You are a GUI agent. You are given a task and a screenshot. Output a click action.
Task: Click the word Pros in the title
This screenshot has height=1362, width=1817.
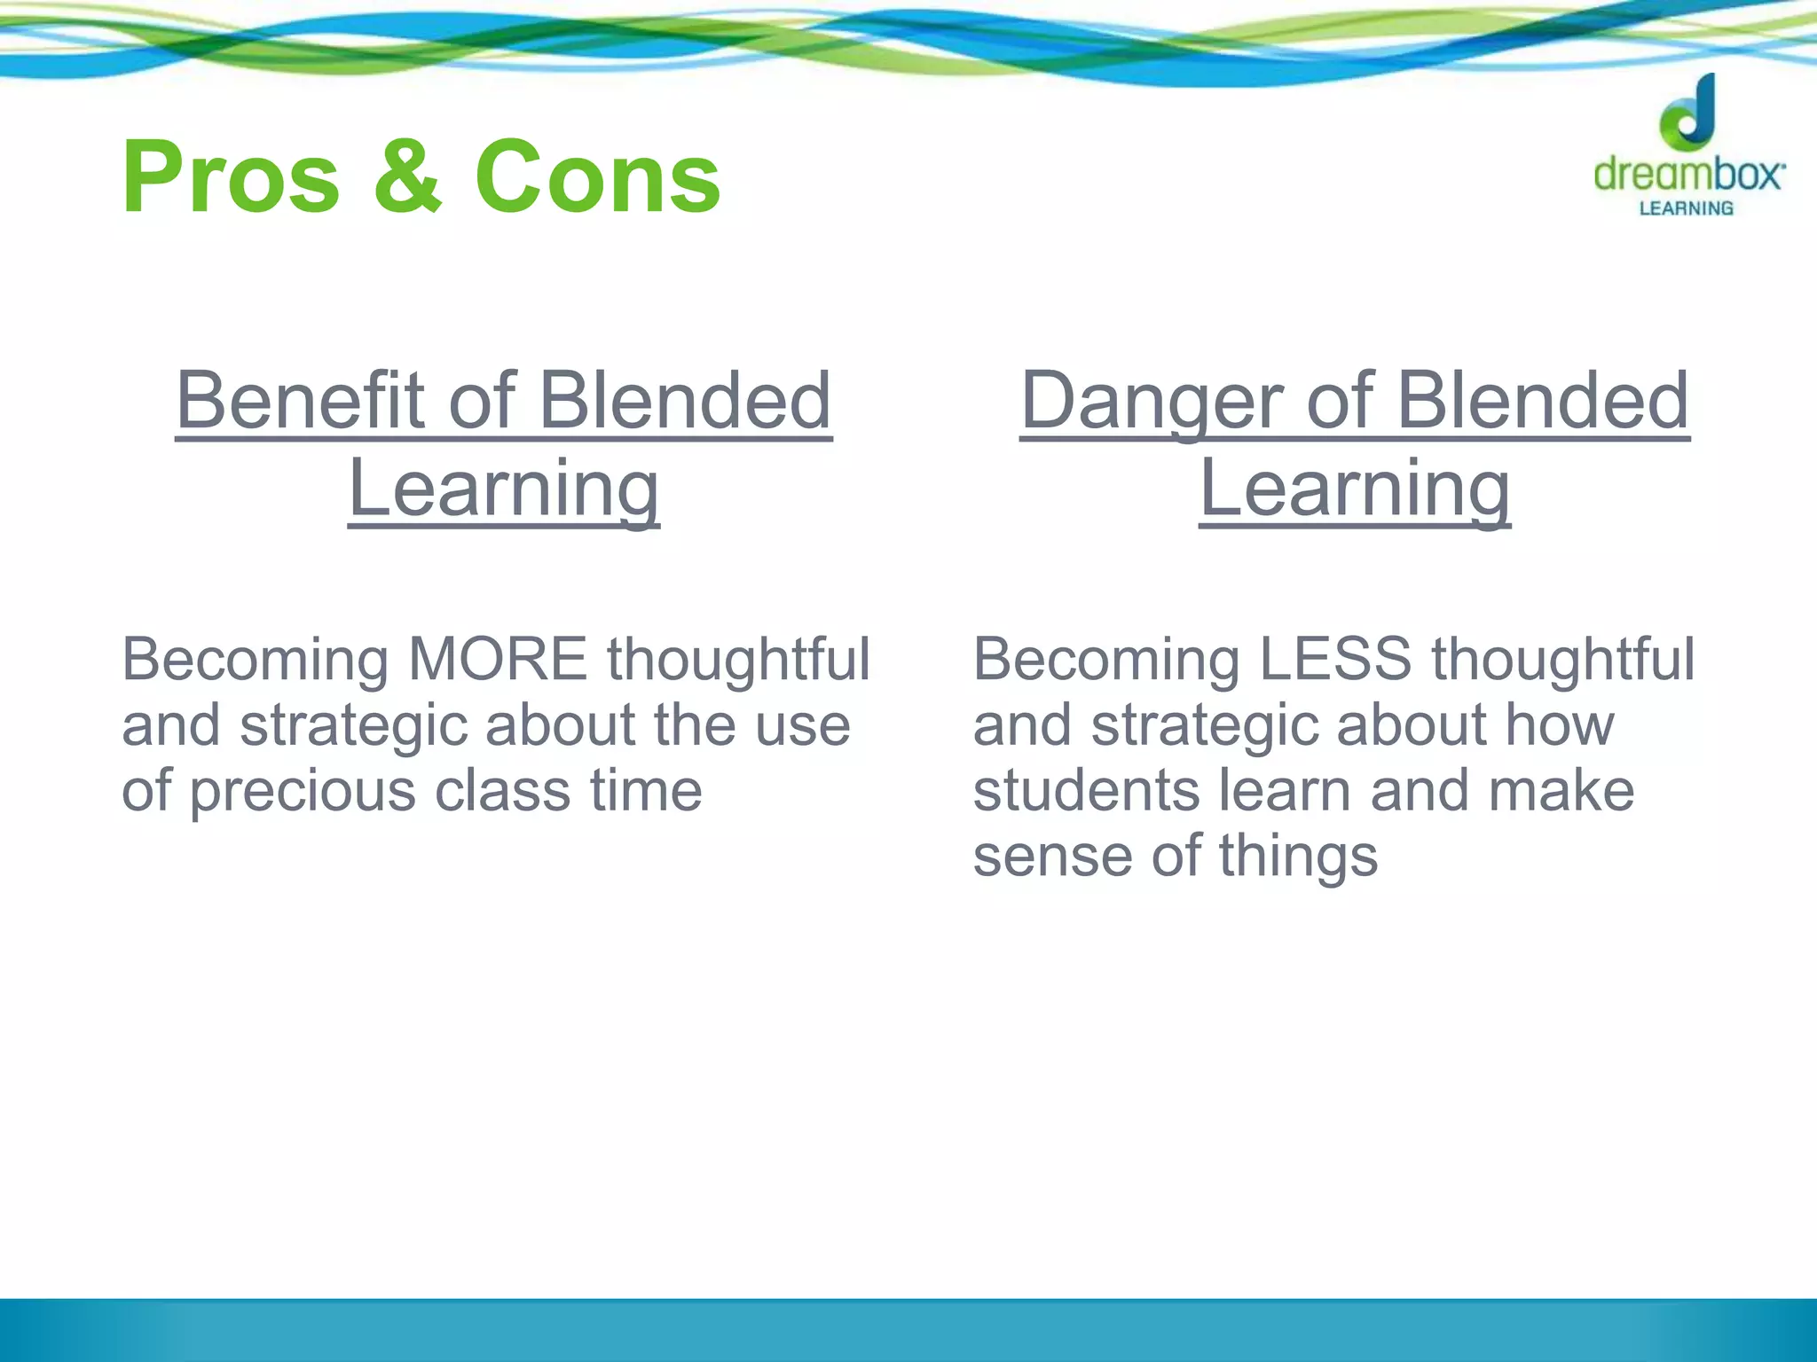(231, 178)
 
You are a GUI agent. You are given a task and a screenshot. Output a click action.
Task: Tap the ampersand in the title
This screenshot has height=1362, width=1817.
(407, 178)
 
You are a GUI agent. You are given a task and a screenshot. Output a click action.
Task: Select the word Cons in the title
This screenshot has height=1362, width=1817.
(597, 178)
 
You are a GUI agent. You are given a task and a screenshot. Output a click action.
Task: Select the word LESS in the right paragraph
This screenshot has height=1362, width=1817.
(1334, 660)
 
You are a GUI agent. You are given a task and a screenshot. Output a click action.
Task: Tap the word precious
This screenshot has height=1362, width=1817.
(303, 792)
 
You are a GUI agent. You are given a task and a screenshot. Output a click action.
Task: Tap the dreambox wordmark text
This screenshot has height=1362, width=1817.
(1688, 174)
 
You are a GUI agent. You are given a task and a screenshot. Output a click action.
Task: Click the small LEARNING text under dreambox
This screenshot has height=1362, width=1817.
(1686, 208)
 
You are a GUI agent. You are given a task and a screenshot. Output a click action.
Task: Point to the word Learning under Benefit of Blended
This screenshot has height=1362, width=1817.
(504, 489)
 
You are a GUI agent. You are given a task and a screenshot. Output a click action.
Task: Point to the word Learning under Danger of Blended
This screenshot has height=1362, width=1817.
(1355, 489)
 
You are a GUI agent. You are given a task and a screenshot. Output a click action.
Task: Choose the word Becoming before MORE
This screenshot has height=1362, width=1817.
(255, 661)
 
